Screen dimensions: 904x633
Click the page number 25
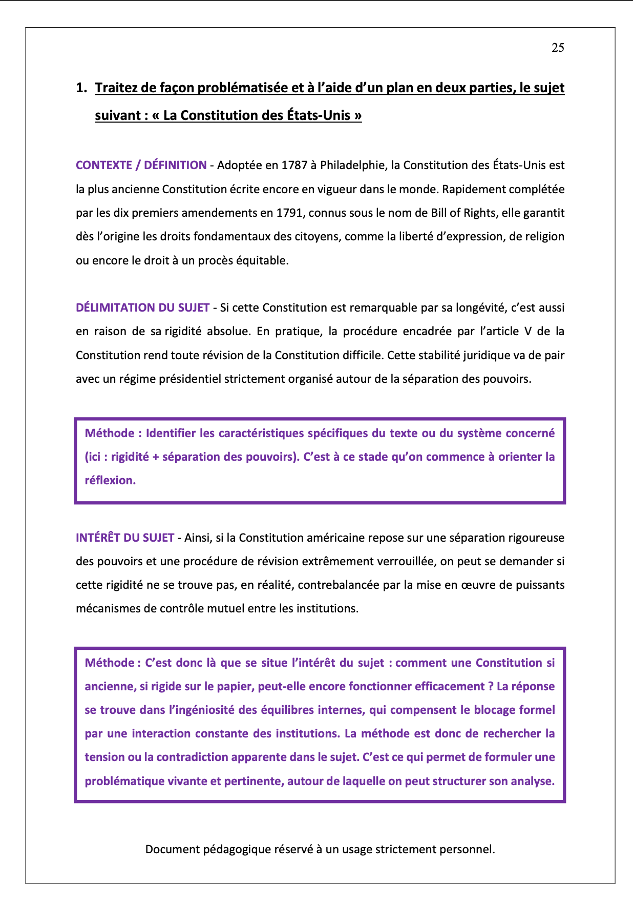(558, 48)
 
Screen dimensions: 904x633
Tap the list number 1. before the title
(81, 88)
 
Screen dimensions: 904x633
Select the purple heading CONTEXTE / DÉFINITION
(141, 165)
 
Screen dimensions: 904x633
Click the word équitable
(264, 260)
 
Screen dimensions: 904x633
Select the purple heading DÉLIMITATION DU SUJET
(142, 307)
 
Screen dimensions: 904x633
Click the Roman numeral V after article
(528, 331)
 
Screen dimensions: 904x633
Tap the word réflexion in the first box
(110, 480)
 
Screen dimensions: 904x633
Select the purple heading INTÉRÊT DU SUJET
(125, 538)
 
